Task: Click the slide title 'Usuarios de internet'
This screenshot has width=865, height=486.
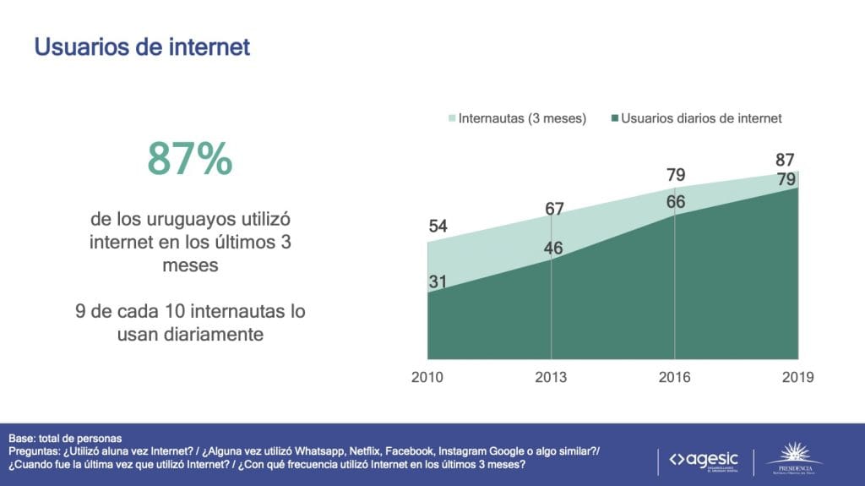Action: pos(142,46)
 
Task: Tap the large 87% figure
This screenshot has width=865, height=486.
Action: pos(189,158)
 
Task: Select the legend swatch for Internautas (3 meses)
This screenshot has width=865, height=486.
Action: pos(452,119)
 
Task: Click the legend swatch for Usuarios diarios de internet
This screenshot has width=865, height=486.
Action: pos(613,119)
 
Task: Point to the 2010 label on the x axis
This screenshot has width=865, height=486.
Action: pos(427,377)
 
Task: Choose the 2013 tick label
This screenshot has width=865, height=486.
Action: pos(551,377)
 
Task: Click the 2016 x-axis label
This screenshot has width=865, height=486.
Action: pos(674,377)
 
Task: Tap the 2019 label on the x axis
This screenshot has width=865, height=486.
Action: pos(797,377)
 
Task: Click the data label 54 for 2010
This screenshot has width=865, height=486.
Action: pos(438,226)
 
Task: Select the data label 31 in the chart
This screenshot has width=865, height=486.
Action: pos(438,282)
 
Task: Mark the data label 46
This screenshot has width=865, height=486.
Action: pos(554,249)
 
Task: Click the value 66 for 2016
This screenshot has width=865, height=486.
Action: pos(675,202)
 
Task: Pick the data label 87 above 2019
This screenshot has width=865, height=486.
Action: pos(786,161)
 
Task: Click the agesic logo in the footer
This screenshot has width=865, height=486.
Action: pos(703,460)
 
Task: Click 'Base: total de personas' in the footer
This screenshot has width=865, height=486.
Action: pos(65,439)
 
